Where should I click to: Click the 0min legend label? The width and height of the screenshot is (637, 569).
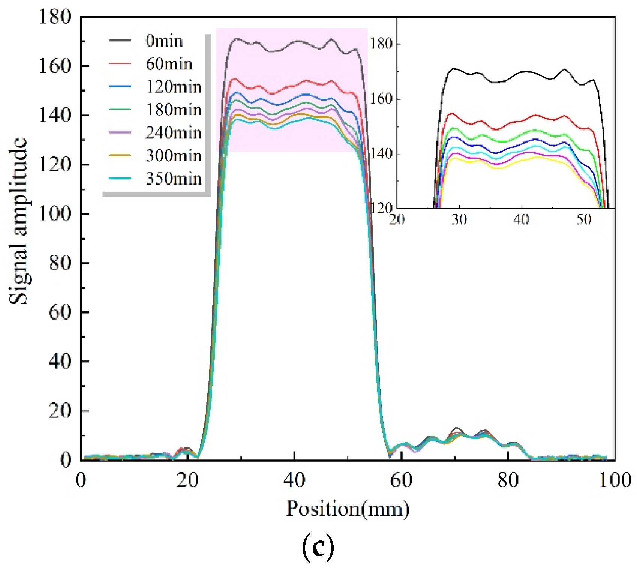(164, 41)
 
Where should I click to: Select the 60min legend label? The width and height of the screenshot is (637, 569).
(169, 64)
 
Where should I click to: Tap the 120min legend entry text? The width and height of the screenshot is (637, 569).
(173, 87)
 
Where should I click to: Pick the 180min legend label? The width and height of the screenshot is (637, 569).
(173, 110)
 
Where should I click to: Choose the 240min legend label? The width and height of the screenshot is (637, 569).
(173, 132)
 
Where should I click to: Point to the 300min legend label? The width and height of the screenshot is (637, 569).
(173, 155)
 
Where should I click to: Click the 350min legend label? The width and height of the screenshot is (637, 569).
(173, 178)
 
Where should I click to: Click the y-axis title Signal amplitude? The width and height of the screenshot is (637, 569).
(18, 221)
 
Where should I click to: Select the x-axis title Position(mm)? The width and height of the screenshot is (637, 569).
(347, 509)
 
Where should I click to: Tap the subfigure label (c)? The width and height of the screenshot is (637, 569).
(318, 548)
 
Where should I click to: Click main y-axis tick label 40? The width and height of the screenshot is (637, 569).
(60, 361)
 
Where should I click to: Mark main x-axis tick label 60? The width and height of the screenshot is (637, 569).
(401, 480)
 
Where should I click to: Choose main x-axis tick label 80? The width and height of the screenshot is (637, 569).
(508, 480)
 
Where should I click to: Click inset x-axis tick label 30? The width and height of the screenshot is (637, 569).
(459, 219)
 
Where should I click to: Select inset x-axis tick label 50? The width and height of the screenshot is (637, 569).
(584, 219)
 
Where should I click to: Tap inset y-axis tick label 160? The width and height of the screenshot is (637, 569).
(381, 99)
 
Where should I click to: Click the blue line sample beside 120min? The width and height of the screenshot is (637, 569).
(120, 87)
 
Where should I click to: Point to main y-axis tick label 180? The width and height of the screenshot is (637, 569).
(55, 17)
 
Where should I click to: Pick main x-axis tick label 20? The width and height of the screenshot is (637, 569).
(187, 480)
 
